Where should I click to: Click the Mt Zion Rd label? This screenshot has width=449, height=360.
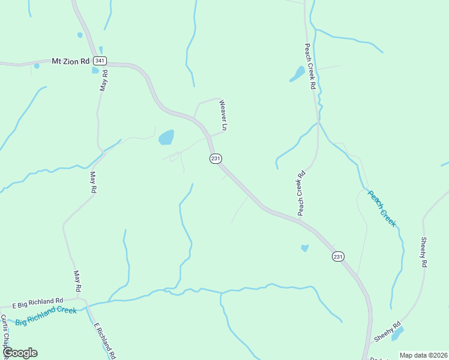click(70, 61)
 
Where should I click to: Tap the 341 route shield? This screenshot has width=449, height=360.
click(100, 61)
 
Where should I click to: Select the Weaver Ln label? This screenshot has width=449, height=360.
click(223, 115)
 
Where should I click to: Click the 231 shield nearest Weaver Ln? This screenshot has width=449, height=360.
click(216, 158)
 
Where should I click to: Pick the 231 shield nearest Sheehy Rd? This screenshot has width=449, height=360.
click(339, 256)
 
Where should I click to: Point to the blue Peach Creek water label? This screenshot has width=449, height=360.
click(382, 208)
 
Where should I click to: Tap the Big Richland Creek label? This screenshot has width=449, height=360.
click(46, 315)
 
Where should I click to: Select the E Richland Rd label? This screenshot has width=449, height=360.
click(104, 340)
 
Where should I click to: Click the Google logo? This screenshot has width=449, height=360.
click(20, 353)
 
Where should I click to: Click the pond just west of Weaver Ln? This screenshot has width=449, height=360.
click(166, 137)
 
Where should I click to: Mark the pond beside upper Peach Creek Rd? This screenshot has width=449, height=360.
click(297, 74)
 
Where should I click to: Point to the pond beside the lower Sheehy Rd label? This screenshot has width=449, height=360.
click(397, 334)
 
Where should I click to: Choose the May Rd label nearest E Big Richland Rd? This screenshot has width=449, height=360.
click(77, 280)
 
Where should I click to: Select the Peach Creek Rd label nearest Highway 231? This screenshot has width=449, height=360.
click(301, 193)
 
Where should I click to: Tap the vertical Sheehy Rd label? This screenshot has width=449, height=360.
click(423, 251)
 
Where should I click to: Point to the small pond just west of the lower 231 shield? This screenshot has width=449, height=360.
click(304, 248)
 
